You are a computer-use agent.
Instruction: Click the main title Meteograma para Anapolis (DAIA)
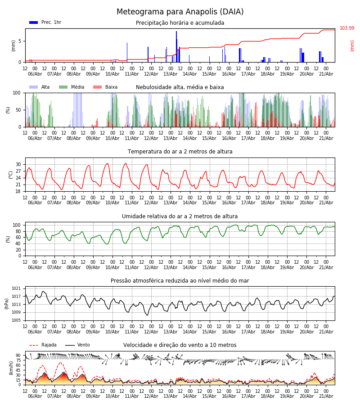click(180, 12)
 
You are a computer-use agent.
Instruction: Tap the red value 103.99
click(347, 28)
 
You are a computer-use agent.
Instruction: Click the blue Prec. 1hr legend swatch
click(34, 22)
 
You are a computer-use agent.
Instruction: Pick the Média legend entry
click(72, 87)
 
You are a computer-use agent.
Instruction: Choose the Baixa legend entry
click(105, 87)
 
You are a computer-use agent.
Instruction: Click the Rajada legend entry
click(43, 345)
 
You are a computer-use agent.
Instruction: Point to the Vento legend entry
click(77, 345)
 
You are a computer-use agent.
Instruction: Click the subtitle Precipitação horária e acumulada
click(180, 23)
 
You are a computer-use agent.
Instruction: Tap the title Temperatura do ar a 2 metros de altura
click(180, 152)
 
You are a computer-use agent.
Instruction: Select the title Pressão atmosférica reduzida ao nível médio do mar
click(180, 280)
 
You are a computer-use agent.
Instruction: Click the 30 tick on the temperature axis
click(18, 165)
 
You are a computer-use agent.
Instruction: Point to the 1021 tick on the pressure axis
click(16, 288)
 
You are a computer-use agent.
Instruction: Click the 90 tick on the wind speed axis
click(18, 355)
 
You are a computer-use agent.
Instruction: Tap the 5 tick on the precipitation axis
click(20, 41)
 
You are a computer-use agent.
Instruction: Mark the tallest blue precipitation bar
click(176, 46)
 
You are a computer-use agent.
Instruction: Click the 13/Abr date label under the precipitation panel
click(171, 74)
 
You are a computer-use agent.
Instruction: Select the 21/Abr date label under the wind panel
click(326, 396)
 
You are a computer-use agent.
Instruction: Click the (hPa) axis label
click(7, 304)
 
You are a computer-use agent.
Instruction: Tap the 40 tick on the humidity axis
click(18, 243)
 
